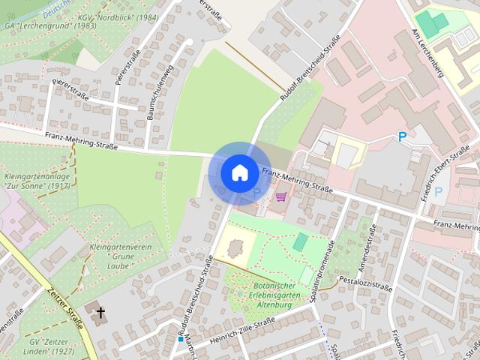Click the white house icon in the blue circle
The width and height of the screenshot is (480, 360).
(239, 172)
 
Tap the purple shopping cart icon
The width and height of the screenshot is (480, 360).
(281, 197)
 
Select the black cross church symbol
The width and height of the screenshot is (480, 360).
(100, 312)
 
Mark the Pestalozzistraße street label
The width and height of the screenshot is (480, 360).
(365, 283)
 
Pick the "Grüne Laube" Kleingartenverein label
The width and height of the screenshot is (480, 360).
(120, 256)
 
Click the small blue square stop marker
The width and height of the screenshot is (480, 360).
(181, 339)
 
